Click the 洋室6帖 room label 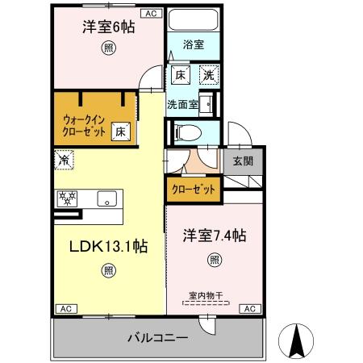(x=108, y=27)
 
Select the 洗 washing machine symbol (x=207, y=76)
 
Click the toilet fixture (x=182, y=132)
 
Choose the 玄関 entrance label (x=243, y=161)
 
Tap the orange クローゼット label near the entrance (x=193, y=190)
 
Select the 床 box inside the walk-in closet (x=119, y=130)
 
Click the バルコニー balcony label (x=158, y=337)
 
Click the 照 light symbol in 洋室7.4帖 (x=214, y=260)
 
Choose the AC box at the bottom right (x=250, y=309)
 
